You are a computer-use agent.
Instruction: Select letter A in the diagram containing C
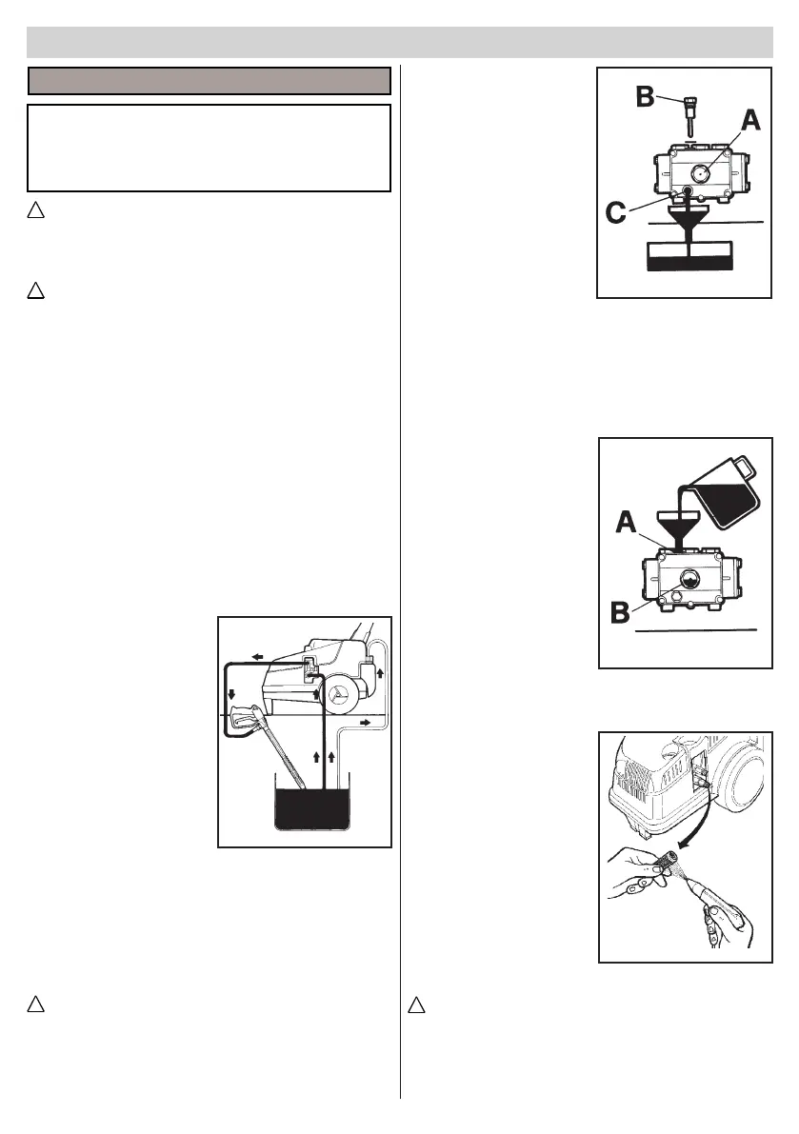(749, 121)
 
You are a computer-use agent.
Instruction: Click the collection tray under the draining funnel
(689, 256)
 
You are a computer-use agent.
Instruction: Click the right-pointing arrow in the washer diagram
(367, 725)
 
